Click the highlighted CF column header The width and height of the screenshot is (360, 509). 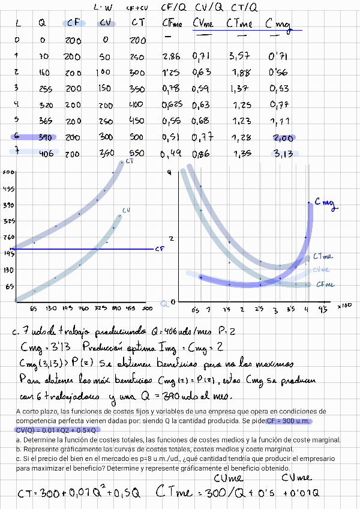(x=74, y=23)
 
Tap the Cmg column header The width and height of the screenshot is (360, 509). (x=277, y=24)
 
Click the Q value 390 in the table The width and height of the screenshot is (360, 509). (x=42, y=137)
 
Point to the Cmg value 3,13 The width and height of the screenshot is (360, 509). (x=282, y=153)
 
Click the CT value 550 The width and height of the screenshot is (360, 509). (x=137, y=153)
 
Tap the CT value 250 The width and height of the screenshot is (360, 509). (x=137, y=56)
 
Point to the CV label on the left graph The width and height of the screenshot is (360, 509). (x=127, y=211)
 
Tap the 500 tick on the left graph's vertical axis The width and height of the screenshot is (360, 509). (x=8, y=173)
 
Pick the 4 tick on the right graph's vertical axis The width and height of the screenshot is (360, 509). (x=169, y=173)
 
